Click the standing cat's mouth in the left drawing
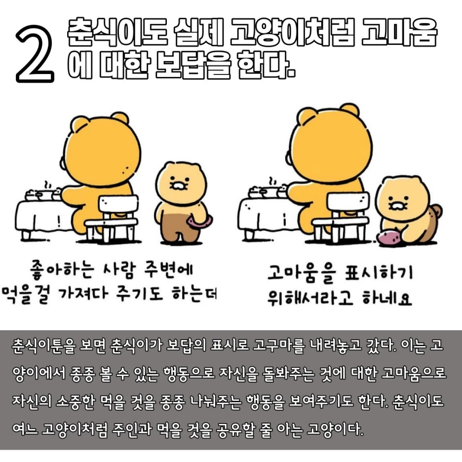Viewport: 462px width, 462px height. tap(178, 186)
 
